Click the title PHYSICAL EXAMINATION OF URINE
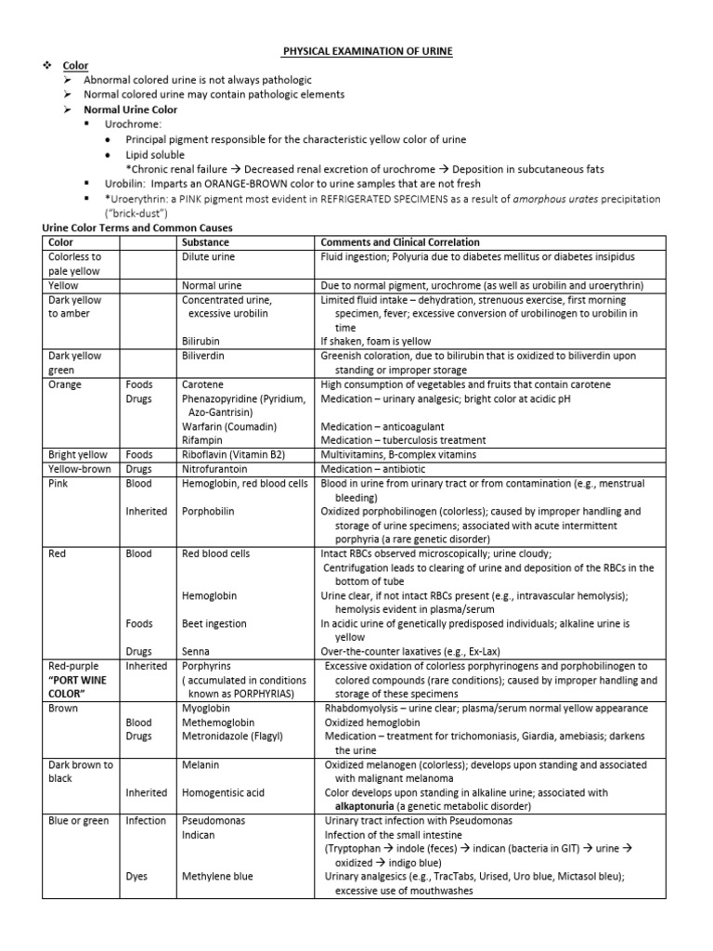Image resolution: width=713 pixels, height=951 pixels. click(x=368, y=51)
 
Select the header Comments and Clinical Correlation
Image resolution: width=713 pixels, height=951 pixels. click(x=395, y=241)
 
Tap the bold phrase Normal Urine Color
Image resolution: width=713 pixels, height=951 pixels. click(x=130, y=110)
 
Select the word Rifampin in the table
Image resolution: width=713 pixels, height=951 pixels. click(x=204, y=440)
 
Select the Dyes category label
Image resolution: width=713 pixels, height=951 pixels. click(x=137, y=876)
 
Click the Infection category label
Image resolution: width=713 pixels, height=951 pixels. click(x=146, y=821)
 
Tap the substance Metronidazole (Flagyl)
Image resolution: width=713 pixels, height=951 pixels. click(x=232, y=736)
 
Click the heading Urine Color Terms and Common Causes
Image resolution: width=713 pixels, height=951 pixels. click(x=138, y=228)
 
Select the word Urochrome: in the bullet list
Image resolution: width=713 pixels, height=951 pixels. click(x=133, y=124)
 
